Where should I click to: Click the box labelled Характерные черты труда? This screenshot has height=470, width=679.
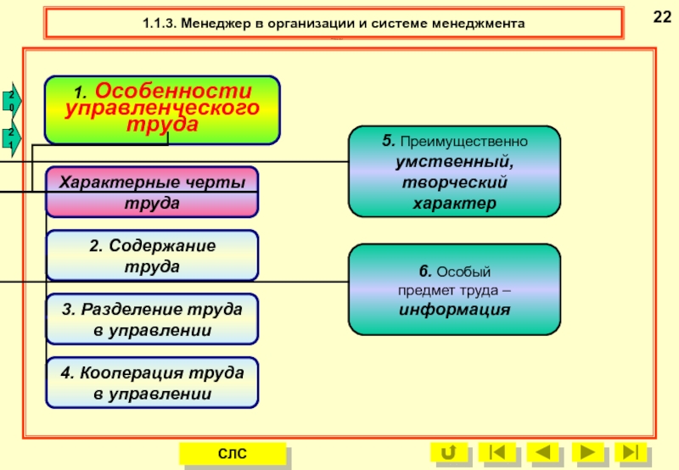pyautogui.click(x=152, y=193)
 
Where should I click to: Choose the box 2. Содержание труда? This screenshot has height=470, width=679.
pyautogui.click(x=152, y=255)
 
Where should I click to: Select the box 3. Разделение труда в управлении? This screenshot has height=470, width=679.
pyautogui.click(x=152, y=319)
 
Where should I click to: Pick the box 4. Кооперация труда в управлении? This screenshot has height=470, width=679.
pyautogui.click(x=152, y=383)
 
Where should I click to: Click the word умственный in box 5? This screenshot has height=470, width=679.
pyautogui.click(x=454, y=159)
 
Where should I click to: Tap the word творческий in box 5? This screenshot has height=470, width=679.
pyautogui.click(x=454, y=182)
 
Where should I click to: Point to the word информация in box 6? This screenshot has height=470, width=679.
pyautogui.click(x=454, y=310)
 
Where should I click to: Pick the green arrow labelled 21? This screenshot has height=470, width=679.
pyautogui.click(x=11, y=137)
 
